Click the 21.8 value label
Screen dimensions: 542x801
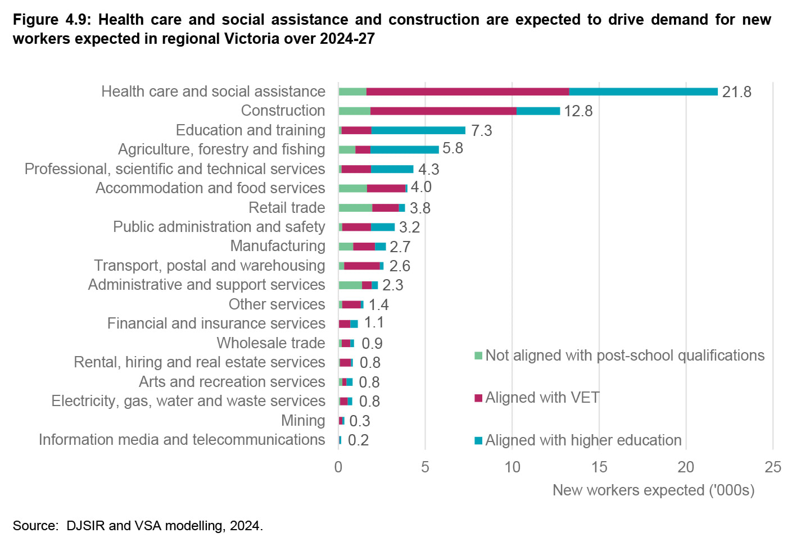click(x=736, y=92)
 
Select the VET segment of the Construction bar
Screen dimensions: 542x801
click(x=444, y=111)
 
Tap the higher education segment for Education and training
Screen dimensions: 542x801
click(x=418, y=130)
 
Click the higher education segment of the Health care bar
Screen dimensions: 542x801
click(x=643, y=92)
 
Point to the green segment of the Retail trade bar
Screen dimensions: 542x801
click(x=355, y=208)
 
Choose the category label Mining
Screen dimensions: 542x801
click(x=303, y=421)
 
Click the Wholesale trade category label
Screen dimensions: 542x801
click(x=271, y=343)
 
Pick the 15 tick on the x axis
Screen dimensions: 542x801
click(x=599, y=467)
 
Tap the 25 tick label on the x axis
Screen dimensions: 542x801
click(x=773, y=467)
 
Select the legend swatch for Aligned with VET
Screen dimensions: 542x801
click(x=478, y=398)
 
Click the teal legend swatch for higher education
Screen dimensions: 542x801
click(x=478, y=440)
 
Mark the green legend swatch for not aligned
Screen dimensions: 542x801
click(x=478, y=356)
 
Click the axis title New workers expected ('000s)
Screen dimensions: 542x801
click(x=653, y=490)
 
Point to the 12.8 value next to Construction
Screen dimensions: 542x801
click(x=578, y=111)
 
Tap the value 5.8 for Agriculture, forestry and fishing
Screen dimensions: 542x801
click(x=452, y=148)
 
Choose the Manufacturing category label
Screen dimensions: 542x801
click(x=278, y=246)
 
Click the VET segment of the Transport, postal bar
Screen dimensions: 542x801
click(x=361, y=266)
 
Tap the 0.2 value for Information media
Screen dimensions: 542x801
click(x=358, y=440)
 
